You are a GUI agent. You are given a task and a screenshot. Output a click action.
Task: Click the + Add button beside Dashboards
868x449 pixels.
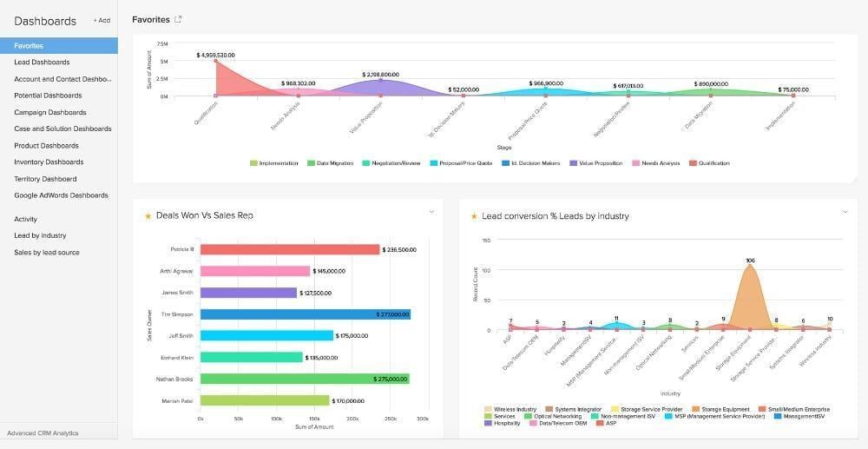pyautogui.click(x=102, y=20)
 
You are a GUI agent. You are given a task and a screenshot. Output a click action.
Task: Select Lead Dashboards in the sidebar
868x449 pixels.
pyautogui.click(x=42, y=63)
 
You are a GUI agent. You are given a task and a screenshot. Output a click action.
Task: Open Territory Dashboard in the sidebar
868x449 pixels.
pyautogui.click(x=45, y=179)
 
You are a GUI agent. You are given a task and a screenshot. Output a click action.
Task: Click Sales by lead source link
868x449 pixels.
pyautogui.click(x=46, y=253)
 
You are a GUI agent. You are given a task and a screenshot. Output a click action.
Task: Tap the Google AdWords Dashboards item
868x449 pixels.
pyautogui.click(x=61, y=195)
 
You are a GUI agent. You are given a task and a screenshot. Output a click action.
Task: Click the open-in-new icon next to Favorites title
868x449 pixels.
pyautogui.click(x=179, y=19)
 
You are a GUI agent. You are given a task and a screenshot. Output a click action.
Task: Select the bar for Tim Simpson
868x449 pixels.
pyautogui.click(x=305, y=314)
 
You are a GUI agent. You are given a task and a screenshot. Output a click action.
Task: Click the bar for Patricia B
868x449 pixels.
pyautogui.click(x=289, y=249)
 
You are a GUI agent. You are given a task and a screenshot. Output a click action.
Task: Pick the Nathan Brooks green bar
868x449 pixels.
pyautogui.click(x=304, y=380)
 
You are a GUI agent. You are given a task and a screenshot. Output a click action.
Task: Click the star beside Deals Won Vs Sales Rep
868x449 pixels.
pyautogui.click(x=148, y=216)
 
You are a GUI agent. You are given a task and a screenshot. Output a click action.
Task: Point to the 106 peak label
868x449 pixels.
pyautogui.click(x=750, y=260)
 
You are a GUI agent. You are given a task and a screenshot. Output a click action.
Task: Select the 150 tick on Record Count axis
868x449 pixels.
pyautogui.click(x=486, y=241)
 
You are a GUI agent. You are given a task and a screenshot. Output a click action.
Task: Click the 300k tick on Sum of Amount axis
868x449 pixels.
pyautogui.click(x=422, y=419)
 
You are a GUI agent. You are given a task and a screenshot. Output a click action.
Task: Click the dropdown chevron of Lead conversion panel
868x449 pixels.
pyautogui.click(x=845, y=212)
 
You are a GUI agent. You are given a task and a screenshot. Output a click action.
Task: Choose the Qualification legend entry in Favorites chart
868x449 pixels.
pyautogui.click(x=712, y=163)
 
